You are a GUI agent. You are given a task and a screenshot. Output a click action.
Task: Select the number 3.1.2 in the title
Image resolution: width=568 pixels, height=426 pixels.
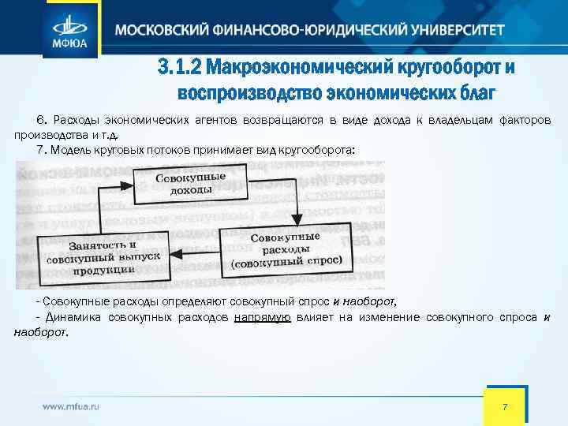click(178, 68)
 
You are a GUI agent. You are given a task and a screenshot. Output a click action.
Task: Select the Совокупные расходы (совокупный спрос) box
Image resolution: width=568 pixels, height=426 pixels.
click(287, 250)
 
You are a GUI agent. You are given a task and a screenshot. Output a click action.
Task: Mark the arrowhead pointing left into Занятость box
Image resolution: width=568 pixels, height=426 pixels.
click(178, 253)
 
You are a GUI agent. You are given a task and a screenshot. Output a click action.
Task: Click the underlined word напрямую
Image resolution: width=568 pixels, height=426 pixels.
click(263, 317)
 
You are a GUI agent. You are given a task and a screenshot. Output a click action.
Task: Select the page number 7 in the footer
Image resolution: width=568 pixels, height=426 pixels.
click(505, 405)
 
